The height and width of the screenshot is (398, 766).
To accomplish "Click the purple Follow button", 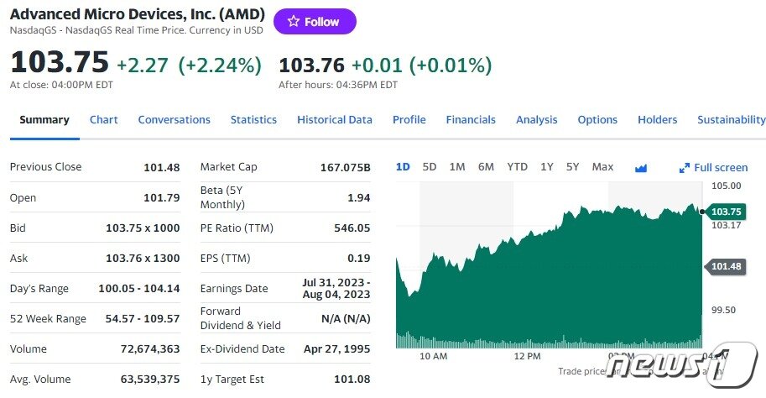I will (315, 22).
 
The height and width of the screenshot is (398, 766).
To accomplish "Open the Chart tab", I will (103, 120).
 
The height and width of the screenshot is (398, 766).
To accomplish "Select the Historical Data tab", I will (334, 120).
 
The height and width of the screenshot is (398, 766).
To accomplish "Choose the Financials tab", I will (471, 120).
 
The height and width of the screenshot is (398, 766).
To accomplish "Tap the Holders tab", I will (657, 120).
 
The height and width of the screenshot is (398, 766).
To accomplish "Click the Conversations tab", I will (174, 120).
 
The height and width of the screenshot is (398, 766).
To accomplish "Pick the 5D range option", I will (430, 167).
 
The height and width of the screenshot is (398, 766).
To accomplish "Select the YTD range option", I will (517, 167).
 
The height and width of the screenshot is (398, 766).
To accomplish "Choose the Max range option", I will (602, 167).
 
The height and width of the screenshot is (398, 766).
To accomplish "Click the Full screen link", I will (714, 168).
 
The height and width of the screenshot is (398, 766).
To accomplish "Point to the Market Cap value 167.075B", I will (345, 167).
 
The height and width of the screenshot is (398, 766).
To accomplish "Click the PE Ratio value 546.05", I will (352, 228).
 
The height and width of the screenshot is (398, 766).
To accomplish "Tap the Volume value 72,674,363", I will (150, 348).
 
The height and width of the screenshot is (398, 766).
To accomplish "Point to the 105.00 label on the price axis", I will (726, 186).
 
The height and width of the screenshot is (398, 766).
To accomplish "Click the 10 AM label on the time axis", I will (433, 356).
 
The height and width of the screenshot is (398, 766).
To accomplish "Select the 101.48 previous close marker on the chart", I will (725, 266).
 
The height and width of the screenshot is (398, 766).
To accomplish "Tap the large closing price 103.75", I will (60, 63).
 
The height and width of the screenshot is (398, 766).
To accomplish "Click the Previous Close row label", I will (45, 167).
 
